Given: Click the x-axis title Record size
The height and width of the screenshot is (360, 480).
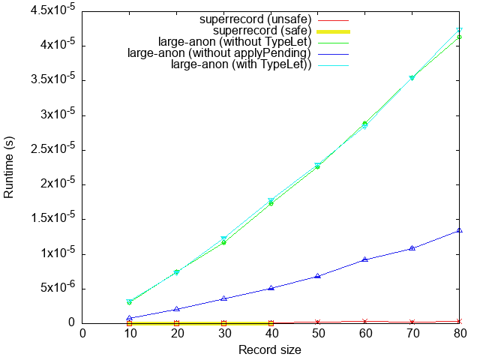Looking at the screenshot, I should [x=271, y=349].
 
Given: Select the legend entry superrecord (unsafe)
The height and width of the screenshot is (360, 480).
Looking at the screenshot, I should [x=255, y=18].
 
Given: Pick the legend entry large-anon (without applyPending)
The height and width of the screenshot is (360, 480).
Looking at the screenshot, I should [x=219, y=53].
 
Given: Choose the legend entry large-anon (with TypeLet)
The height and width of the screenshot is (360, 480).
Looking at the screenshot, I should [x=241, y=65].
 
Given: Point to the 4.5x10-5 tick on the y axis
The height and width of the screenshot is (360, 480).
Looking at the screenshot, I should [x=53, y=10].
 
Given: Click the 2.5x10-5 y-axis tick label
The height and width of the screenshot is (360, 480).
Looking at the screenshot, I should [x=53, y=149].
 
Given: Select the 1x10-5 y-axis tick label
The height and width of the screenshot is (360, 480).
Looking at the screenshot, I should [x=58, y=253].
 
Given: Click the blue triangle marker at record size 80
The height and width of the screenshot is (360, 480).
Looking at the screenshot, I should [x=460, y=230].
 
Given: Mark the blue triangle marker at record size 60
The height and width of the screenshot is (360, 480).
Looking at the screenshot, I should [x=365, y=259].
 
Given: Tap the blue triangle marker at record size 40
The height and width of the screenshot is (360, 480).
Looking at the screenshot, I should [x=271, y=287].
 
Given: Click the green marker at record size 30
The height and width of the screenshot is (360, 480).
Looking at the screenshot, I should [x=223, y=242].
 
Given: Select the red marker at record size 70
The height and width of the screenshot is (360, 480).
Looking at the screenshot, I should [x=412, y=321].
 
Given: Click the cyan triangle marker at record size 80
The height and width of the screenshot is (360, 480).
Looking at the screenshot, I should [x=460, y=31].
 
